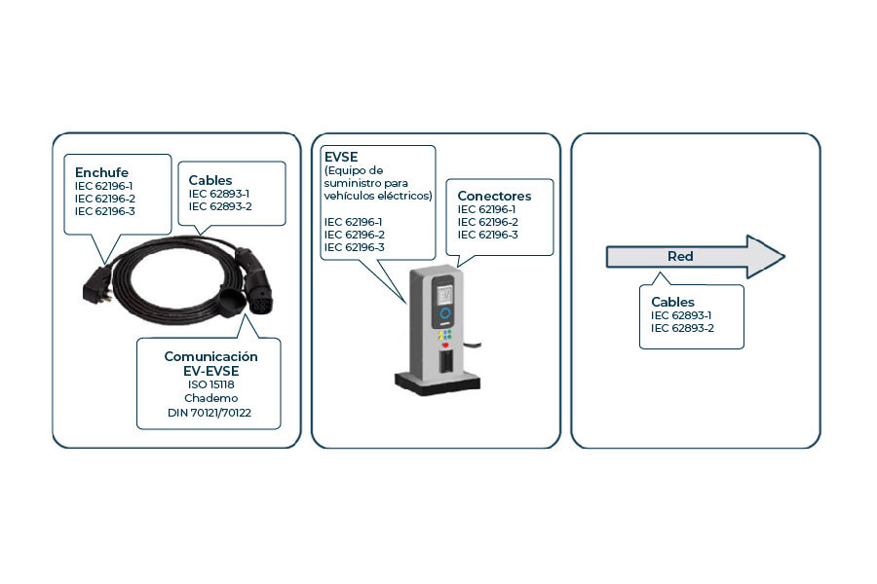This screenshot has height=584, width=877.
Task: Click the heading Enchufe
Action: coord(101,172)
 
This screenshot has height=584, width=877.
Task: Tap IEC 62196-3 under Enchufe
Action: coord(104,211)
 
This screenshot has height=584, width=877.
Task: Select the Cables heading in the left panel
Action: coord(210,180)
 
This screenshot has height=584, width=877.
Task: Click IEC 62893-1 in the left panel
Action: coord(219,194)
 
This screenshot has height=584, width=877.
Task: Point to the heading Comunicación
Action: coord(210,356)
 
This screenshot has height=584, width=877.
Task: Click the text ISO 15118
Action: coord(210,383)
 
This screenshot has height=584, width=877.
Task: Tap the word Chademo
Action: coord(210,399)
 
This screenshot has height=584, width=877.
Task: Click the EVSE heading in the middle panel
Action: coord(341,155)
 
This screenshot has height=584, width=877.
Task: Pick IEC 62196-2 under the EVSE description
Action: coord(354,235)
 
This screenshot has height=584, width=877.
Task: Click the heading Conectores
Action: coord(494,196)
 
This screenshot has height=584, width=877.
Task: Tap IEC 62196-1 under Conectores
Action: coord(487,209)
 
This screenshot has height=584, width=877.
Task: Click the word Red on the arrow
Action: coord(680,257)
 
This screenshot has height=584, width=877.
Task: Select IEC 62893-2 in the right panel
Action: coord(682,329)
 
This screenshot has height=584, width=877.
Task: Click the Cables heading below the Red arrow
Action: coord(673,302)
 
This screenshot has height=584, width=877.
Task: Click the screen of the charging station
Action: coord(443,292)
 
